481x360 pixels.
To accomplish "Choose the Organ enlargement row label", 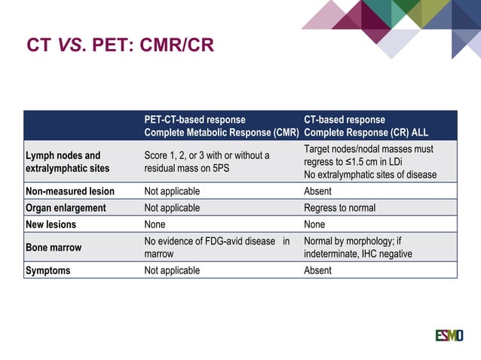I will coord(66,208).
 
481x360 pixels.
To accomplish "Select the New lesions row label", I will coord(51,224).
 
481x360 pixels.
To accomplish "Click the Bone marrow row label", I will coord(55,247).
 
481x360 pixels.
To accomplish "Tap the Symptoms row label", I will coord(48,270).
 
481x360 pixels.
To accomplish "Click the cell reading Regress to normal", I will coord(339,208).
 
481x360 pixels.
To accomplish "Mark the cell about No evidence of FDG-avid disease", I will coord(216,247).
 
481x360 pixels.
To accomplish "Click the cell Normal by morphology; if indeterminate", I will coord(358,247).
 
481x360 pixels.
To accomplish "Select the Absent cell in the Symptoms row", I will coord(317,270).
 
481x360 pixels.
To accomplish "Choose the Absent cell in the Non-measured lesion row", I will coord(317,191).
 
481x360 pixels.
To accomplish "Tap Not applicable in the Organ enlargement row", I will coord(172,208).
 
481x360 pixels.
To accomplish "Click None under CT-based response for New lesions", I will coord(314,224).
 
